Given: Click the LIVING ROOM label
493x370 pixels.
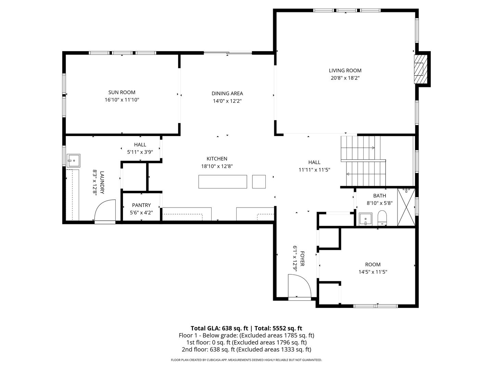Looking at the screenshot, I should [345, 71].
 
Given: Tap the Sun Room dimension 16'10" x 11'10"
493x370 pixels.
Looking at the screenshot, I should [122, 100].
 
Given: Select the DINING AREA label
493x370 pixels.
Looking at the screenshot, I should [227, 94].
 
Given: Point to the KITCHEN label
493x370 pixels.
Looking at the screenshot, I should [217, 159].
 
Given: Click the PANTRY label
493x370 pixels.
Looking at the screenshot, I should [141, 205].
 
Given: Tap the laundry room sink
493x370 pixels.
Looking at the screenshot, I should [73, 160].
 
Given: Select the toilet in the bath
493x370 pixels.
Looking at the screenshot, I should [382, 218].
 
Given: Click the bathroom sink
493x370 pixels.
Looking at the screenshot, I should [366, 219].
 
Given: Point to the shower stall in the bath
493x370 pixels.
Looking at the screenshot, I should [406, 207].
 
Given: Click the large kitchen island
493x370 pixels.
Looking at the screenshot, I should [223, 182].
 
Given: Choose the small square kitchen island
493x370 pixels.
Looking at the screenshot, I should [259, 182].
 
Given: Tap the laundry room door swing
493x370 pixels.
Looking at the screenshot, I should [105, 212].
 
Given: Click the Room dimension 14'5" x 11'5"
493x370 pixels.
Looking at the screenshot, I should [372, 272].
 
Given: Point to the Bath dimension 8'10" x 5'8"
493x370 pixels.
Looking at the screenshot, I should [379, 203].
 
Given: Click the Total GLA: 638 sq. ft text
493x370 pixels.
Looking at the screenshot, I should [219, 328].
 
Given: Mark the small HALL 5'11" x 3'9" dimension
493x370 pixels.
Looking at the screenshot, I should [140, 152].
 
